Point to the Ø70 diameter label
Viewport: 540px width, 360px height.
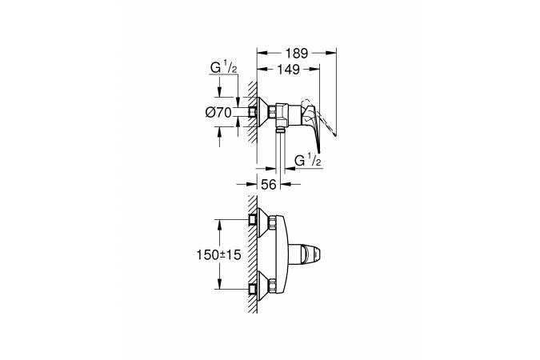click(218, 112)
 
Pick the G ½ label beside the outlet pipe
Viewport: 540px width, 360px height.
click(307, 162)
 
